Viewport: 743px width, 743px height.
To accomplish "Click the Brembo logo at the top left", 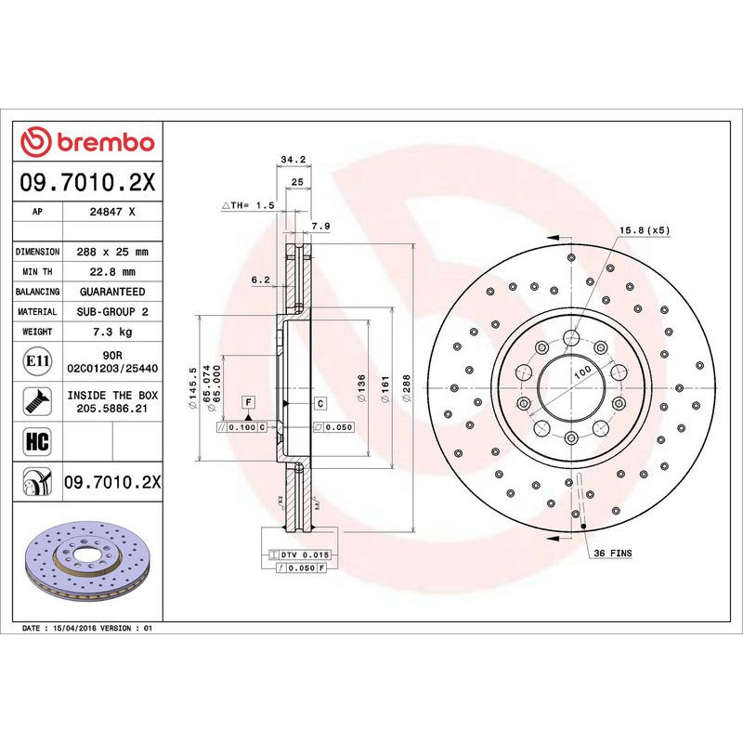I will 87,142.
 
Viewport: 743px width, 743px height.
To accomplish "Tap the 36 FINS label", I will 612,553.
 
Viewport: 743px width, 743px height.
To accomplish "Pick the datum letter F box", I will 248,402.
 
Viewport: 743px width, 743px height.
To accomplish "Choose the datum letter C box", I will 319,402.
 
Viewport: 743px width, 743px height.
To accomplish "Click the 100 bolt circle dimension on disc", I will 582,371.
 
